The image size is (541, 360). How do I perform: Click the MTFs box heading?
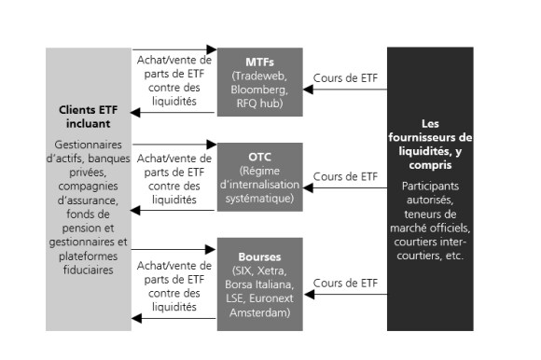tap(259, 59)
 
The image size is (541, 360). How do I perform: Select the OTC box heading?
tap(259, 155)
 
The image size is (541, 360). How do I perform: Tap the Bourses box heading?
tap(259, 254)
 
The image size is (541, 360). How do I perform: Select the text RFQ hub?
tap(260, 104)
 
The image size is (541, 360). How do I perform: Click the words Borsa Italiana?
tap(260, 284)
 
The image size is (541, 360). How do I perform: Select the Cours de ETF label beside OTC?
tap(346, 174)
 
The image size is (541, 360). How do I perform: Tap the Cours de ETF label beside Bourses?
tap(346, 282)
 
